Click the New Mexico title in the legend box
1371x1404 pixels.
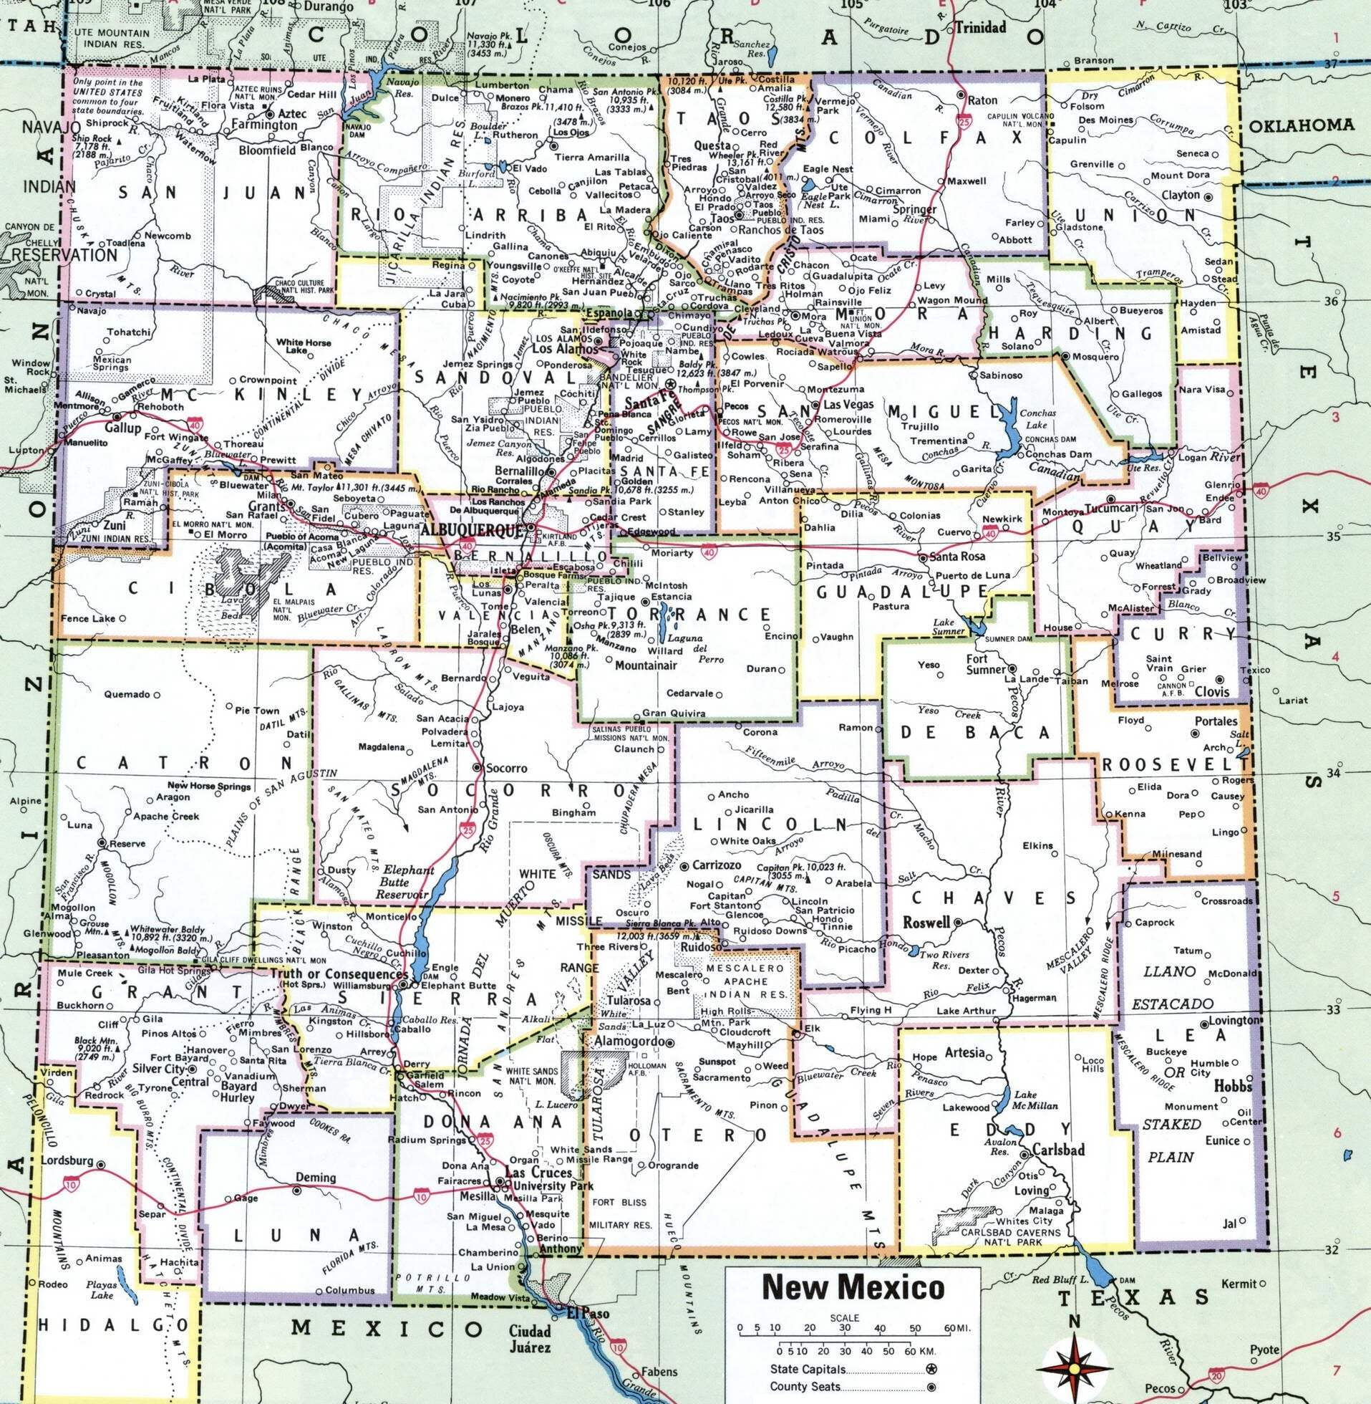[x=853, y=1287]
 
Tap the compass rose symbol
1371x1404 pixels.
[x=1075, y=1367]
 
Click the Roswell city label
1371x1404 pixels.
[x=926, y=922]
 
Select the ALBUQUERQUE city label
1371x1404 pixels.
[x=471, y=530]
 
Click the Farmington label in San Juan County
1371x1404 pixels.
[x=264, y=125]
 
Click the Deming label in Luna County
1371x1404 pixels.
[x=316, y=1177]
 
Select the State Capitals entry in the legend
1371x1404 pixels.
[x=806, y=1370]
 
